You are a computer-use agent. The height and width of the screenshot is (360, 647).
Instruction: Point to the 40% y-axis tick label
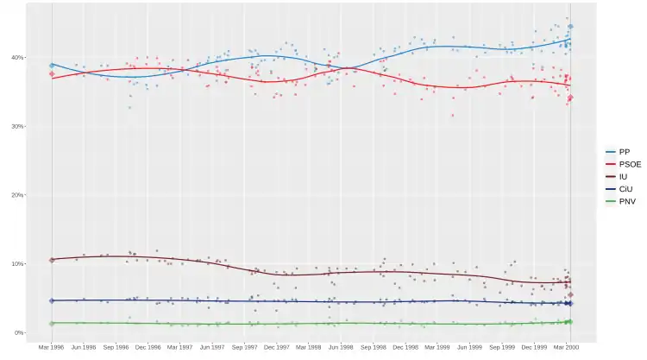(18, 58)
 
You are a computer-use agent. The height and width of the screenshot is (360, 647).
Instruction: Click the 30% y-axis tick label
(18, 126)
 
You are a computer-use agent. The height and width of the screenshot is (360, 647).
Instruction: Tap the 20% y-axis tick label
(18, 195)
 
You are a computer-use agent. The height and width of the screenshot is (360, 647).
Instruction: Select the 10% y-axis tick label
(18, 263)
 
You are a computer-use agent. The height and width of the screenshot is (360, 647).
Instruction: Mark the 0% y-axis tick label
(20, 332)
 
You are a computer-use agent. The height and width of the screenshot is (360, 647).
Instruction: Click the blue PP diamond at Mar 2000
(570, 27)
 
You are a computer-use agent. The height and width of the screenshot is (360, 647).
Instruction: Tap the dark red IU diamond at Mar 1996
(52, 260)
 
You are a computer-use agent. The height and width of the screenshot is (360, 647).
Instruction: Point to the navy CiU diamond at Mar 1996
(52, 300)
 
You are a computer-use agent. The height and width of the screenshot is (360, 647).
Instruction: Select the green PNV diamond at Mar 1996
(52, 323)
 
